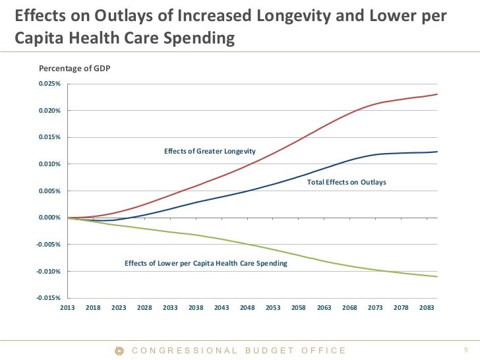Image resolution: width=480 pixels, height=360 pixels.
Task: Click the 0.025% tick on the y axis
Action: [x=50, y=84]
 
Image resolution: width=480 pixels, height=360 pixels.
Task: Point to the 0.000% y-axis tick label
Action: [x=50, y=218]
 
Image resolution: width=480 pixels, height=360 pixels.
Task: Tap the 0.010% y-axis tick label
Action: [x=50, y=164]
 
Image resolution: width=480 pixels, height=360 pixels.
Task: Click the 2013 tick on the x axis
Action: [x=67, y=308]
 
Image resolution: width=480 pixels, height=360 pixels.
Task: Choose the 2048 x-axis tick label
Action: [x=247, y=308]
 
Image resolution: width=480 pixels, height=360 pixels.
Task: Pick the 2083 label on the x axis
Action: [x=427, y=308]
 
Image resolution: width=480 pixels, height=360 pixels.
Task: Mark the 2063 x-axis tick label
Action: [x=324, y=308]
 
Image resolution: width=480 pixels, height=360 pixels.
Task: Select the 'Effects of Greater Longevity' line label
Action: [x=210, y=152]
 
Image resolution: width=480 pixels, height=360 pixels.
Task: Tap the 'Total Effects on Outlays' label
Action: [x=346, y=181]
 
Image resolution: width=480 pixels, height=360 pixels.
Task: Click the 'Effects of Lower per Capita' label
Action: [x=206, y=263]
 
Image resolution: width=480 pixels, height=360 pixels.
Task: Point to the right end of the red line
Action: [x=437, y=94]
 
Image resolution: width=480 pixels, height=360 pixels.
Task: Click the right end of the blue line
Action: [x=437, y=152]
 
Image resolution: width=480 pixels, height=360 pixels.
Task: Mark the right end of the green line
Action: [x=437, y=277]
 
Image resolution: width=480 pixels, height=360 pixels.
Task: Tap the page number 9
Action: [x=465, y=350]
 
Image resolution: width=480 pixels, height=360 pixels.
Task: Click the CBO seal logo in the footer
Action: [x=119, y=350]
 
